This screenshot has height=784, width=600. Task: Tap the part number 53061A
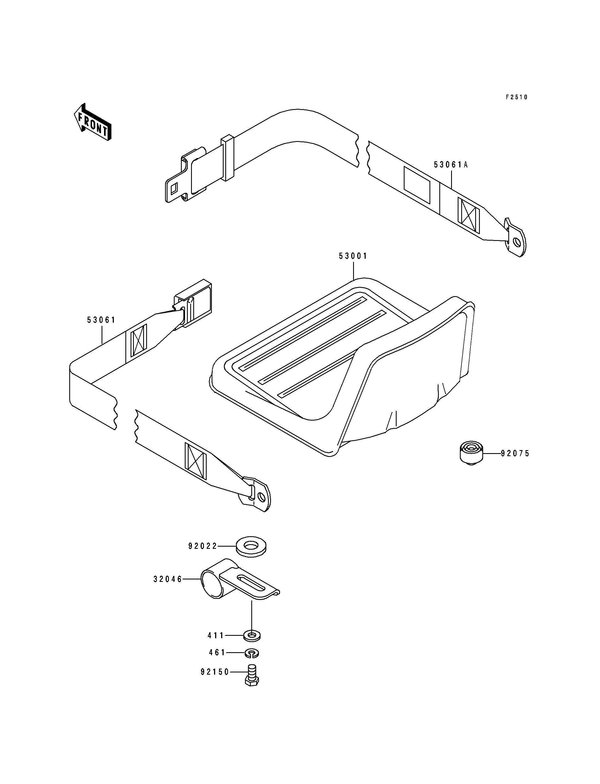[x=451, y=165]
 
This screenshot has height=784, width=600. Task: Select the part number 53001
[x=353, y=256]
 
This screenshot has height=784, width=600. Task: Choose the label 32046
[x=168, y=579]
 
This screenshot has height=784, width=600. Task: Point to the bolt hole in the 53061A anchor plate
[x=517, y=243]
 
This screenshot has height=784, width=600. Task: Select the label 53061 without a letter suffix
[x=102, y=320]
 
